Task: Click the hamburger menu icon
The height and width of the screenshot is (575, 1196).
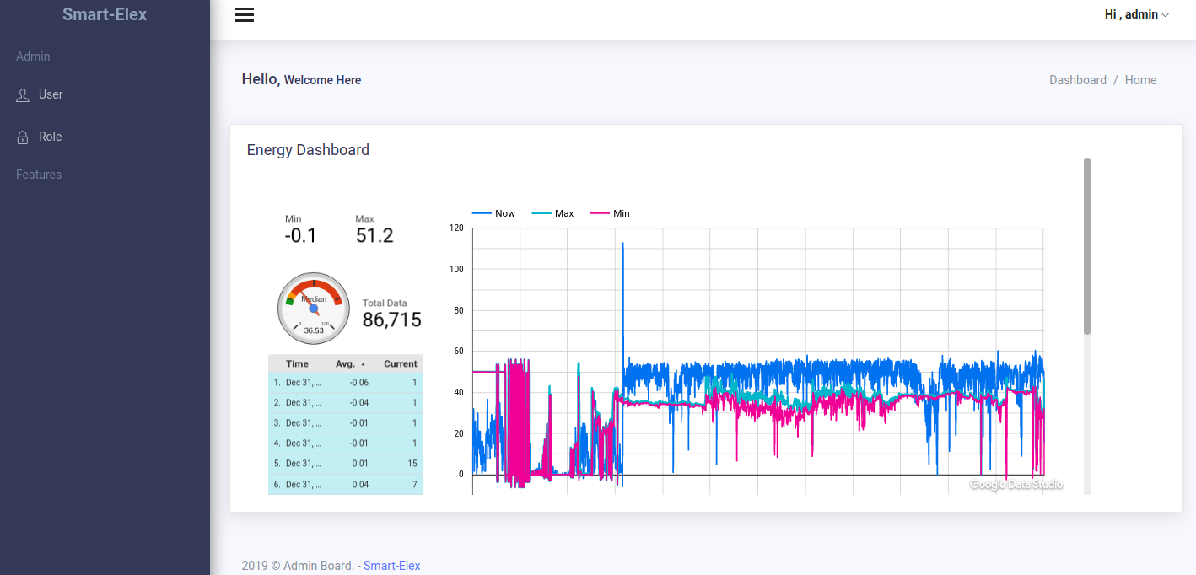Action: coord(245,15)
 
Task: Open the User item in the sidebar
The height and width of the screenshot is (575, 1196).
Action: coord(51,94)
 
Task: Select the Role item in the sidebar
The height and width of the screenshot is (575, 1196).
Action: coord(50,137)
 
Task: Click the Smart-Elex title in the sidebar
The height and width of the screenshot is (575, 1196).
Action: coord(105,14)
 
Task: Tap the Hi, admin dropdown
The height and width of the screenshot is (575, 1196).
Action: coord(1136,14)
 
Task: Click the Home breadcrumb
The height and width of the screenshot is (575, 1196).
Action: coord(1140,80)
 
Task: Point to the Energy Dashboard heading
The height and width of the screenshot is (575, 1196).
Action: coord(308,150)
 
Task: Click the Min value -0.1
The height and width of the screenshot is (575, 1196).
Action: coord(300,236)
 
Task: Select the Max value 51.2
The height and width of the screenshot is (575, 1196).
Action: coord(374,236)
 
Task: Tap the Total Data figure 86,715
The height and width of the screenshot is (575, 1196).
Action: coord(392,320)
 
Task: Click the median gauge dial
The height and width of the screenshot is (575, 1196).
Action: coord(313,309)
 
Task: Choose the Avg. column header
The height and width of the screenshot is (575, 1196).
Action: coord(346,364)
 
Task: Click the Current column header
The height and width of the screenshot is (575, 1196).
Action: coord(400,364)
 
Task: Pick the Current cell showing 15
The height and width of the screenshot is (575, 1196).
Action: coord(412,464)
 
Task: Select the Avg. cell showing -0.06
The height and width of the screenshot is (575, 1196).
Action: coord(359,383)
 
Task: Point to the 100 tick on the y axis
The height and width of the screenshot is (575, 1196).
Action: coord(456,270)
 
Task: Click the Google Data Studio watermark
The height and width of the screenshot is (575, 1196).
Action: coord(1016,485)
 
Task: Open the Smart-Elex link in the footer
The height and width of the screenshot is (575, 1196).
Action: coord(391,566)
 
